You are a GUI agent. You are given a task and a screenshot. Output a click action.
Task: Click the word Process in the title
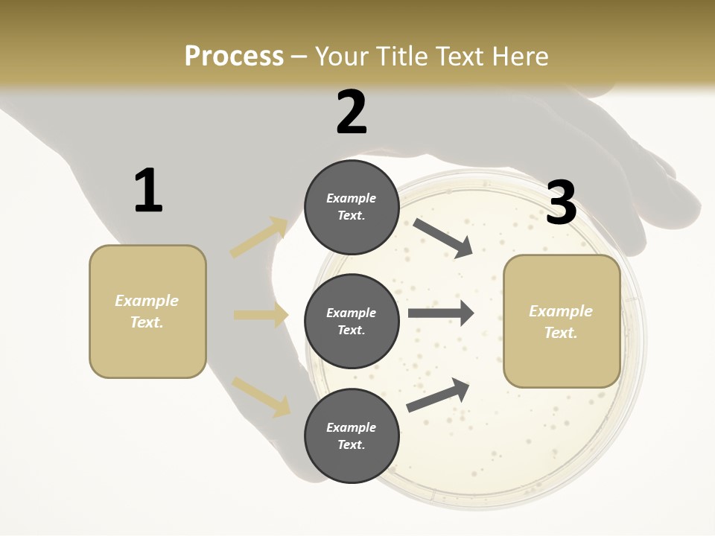click(x=234, y=56)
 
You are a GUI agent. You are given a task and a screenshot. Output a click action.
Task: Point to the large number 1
click(x=148, y=191)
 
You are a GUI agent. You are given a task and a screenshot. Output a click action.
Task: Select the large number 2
click(x=352, y=112)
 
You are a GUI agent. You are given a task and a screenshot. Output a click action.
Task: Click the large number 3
click(x=562, y=202)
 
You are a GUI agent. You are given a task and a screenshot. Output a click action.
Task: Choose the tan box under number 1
click(x=147, y=311)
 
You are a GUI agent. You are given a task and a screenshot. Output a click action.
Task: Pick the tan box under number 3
click(x=562, y=321)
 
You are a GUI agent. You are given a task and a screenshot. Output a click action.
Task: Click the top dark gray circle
click(x=352, y=207)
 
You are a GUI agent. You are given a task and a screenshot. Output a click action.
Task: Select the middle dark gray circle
click(x=352, y=321)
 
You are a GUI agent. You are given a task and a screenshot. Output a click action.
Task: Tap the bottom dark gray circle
click(x=352, y=435)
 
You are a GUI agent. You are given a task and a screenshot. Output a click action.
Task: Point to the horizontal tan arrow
click(x=261, y=316)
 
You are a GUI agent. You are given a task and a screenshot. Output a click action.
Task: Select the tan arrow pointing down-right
click(x=261, y=397)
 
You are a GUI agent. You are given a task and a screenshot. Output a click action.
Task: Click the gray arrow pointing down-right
click(x=442, y=237)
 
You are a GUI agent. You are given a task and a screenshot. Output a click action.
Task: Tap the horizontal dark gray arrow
click(x=440, y=313)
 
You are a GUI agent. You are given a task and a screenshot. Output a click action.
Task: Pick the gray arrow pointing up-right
click(x=438, y=395)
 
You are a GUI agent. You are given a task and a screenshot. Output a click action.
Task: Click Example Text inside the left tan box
click(x=147, y=311)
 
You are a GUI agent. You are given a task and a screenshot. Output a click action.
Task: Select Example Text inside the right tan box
click(x=561, y=322)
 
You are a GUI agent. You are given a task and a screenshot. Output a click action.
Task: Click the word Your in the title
click(x=345, y=56)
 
